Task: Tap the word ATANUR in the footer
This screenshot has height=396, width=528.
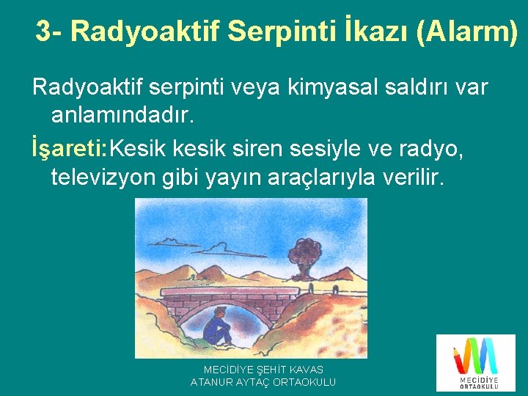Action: pos(213,382)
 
